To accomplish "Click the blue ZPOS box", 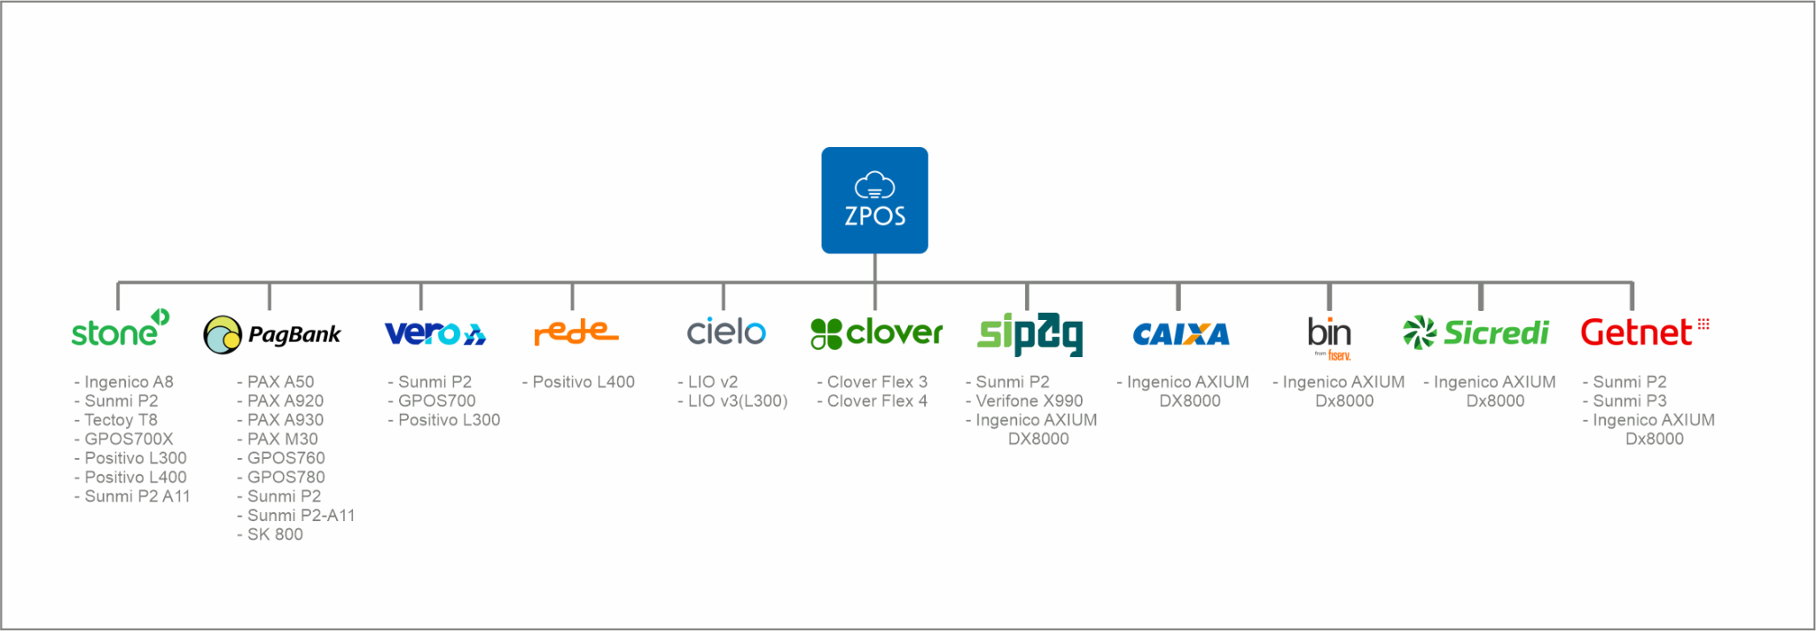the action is pos(874,200).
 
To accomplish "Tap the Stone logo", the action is pos(121,328).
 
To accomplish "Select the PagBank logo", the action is pos(272,335).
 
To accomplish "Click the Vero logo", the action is pos(435,333).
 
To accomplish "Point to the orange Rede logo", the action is pos(576,333).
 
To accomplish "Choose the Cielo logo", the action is pos(726,332).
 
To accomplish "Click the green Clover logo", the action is pos(877,333).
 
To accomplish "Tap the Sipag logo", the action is pos(1030,334).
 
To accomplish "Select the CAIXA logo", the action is pos(1181,334).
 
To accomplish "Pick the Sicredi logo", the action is pos(1475,333).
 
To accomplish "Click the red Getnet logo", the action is pos(1645,332).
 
